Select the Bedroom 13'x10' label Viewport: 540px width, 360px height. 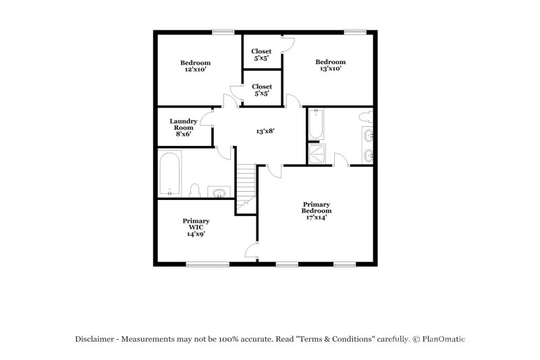pyautogui.click(x=330, y=66)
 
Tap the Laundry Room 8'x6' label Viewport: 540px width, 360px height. pyautogui.click(x=183, y=128)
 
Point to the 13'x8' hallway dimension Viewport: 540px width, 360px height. pyautogui.click(x=265, y=131)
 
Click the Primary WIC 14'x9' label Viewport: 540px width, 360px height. pyautogui.click(x=196, y=228)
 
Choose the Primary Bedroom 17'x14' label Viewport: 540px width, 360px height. pyautogui.click(x=316, y=211)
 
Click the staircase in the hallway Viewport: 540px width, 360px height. pyautogui.click(x=246, y=182)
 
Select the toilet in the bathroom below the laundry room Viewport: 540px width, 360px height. pyautogui.click(x=194, y=190)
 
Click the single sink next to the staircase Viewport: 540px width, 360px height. pyautogui.click(x=219, y=193)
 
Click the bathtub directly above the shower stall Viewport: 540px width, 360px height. pyautogui.click(x=316, y=125)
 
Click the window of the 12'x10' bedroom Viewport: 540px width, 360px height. pyautogui.click(x=222, y=31)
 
